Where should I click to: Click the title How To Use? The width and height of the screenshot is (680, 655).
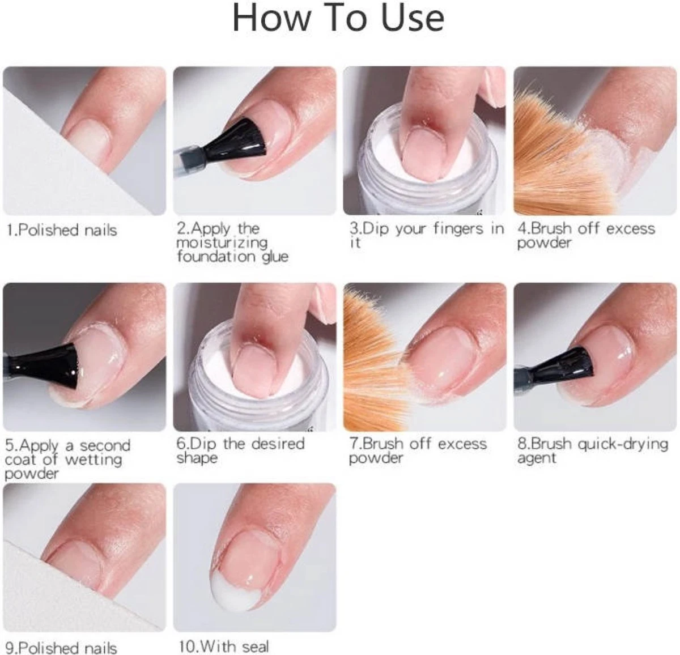tap(338, 18)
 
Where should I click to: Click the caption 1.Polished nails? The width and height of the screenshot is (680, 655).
tap(62, 230)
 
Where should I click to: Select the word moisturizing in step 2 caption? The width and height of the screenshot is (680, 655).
tap(222, 243)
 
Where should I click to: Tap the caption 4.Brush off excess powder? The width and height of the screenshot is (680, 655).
tap(585, 235)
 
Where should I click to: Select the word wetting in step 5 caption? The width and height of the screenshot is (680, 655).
tap(93, 459)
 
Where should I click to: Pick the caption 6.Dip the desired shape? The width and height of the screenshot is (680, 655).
tap(240, 450)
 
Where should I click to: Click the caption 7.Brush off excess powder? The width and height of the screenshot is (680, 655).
tap(418, 450)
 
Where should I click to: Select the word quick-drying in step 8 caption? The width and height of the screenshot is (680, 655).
tap(623, 444)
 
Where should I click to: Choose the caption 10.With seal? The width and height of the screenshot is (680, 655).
tap(224, 647)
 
